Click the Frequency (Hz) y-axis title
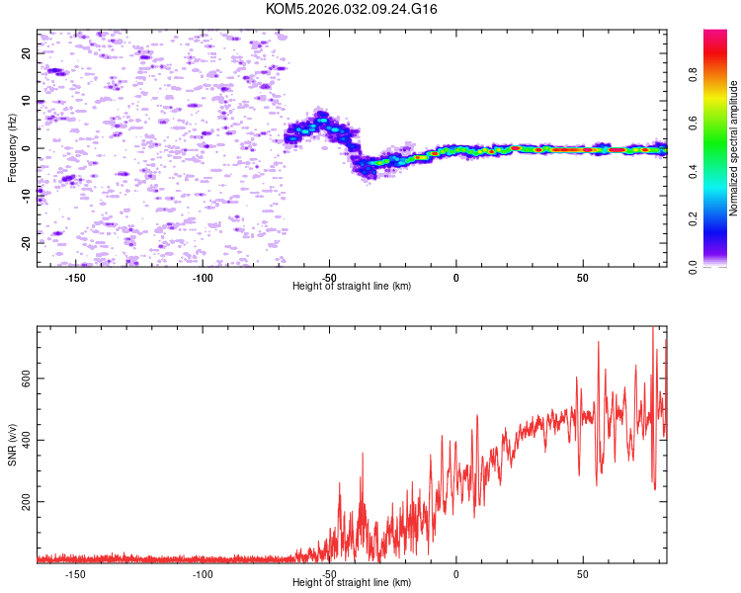(x=12, y=147)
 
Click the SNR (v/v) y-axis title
(x=12, y=444)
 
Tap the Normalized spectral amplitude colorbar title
(x=734, y=148)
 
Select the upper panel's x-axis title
(x=352, y=286)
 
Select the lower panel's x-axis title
(x=352, y=582)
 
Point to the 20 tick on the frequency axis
(x=27, y=53)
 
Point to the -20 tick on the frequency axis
(x=27, y=242)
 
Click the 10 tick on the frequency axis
(x=27, y=101)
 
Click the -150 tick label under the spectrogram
(x=76, y=277)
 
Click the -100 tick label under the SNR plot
(x=203, y=573)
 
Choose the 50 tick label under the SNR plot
(x=583, y=573)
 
